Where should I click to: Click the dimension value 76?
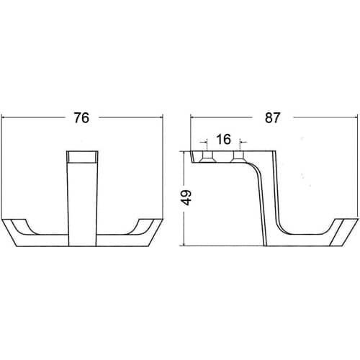tap(81, 118)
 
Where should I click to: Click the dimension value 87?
tap(272, 118)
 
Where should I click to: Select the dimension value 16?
tap(223, 139)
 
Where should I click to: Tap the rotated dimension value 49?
tap(186, 197)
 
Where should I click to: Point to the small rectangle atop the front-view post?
tap(82, 157)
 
